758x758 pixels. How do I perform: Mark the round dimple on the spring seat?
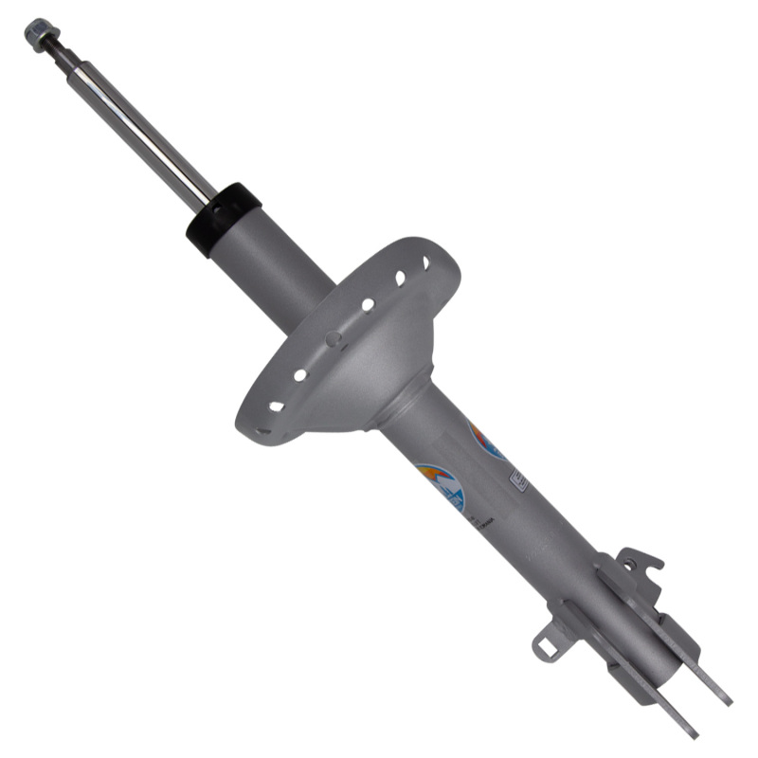tap(333, 338)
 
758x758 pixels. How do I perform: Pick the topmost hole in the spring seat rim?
tap(424, 262)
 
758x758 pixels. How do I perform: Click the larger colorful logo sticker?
tap(442, 485)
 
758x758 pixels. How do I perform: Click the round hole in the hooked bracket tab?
tap(626, 565)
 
